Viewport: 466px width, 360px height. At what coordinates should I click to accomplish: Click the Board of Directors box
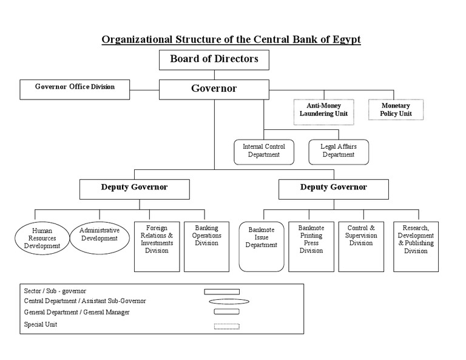click(214, 59)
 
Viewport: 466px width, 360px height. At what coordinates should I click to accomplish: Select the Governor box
click(214, 89)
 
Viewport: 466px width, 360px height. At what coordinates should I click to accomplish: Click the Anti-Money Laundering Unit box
click(324, 110)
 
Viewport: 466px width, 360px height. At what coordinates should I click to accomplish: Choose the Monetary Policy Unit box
click(396, 110)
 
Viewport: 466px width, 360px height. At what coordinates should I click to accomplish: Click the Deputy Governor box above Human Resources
click(134, 188)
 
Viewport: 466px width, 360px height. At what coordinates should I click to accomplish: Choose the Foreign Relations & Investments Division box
click(157, 246)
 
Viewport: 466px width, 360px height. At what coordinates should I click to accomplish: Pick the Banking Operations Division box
click(206, 246)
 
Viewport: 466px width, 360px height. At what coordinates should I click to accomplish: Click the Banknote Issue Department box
click(262, 246)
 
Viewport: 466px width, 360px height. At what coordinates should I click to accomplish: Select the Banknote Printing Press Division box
click(311, 246)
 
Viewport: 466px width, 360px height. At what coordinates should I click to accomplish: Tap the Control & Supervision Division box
click(361, 246)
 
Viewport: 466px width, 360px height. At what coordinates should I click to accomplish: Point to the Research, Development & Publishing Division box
click(416, 246)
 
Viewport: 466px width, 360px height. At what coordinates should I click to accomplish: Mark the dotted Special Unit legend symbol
click(226, 327)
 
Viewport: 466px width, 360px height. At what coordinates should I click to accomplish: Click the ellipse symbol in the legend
click(229, 301)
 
